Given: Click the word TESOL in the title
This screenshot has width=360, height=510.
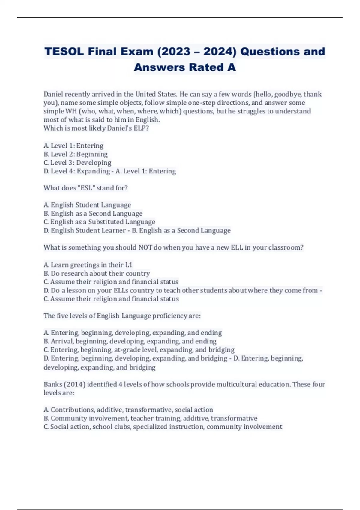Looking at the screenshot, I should click(64, 52).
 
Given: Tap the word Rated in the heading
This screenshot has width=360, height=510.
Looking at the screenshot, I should click(206, 67).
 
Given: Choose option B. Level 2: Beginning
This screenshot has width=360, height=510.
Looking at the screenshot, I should click(76, 154).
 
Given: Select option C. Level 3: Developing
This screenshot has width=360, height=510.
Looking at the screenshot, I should click(77, 163).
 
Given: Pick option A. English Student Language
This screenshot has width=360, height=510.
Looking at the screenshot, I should click(87, 205).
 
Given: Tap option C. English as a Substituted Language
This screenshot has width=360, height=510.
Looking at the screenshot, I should click(99, 222).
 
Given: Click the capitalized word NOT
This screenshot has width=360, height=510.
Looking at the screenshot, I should click(145, 247).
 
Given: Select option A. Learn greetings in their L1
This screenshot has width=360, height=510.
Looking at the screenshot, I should click(88, 265).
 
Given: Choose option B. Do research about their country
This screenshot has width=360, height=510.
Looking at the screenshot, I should click(97, 274).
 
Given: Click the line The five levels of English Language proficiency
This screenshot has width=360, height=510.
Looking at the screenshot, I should click(122, 316).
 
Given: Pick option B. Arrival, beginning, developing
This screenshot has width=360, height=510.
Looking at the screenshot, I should click(130, 341).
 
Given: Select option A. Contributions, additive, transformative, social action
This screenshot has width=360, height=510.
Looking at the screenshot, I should click(128, 410).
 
